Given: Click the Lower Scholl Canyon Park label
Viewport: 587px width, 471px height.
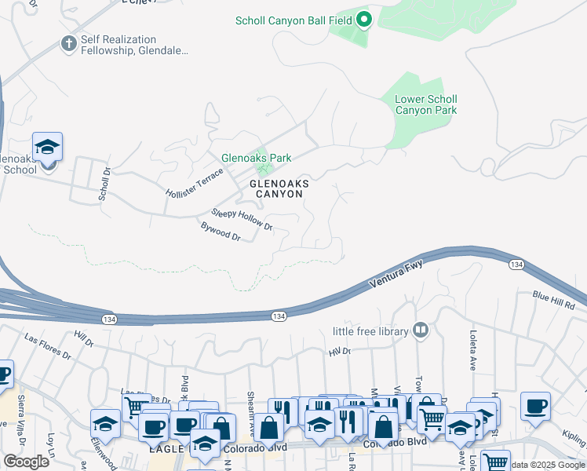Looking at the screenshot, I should coord(425,104).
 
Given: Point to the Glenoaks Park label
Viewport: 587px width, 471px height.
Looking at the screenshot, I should coord(256,158).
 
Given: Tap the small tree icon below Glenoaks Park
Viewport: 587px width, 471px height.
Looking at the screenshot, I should coord(264,170).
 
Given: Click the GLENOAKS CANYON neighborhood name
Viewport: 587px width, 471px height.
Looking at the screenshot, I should coord(278,188).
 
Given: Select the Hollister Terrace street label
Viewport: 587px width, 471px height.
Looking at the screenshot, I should coord(195,182).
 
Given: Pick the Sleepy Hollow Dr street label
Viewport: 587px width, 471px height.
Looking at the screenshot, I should coord(242,219).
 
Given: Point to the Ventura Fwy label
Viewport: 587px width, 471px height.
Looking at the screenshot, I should coord(397,276).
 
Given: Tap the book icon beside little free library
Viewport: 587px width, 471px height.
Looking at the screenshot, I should coord(421,330).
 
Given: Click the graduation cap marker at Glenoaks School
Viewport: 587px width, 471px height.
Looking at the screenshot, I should coord(47,147).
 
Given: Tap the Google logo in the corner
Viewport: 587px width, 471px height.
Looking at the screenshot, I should coord(26,462).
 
